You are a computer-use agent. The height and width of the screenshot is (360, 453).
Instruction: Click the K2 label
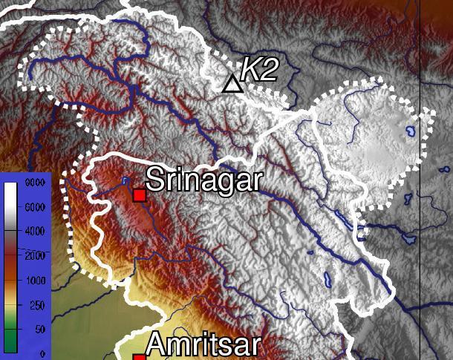[x=260, y=70]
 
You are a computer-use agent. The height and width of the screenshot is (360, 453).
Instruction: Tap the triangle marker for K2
[x=232, y=84]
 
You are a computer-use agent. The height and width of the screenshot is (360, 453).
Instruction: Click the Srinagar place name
[x=203, y=180]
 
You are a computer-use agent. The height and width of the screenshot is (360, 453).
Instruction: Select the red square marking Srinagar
[x=138, y=195]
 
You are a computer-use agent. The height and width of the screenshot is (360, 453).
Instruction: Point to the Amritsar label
[x=203, y=346]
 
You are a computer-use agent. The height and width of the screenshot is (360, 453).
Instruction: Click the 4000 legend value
[x=36, y=232]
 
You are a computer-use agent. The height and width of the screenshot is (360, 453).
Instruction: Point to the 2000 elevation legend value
[x=36, y=255]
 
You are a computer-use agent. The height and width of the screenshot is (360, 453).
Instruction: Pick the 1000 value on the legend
[x=36, y=280]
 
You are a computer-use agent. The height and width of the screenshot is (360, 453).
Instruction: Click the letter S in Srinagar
[x=154, y=180]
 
